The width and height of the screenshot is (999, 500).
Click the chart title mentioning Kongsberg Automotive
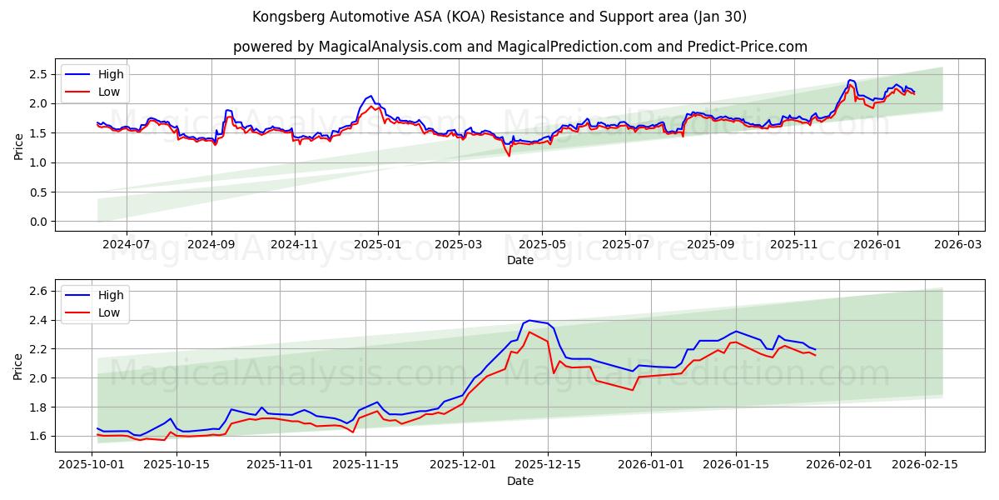click(499, 17)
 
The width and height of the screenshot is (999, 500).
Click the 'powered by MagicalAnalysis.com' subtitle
click(519, 47)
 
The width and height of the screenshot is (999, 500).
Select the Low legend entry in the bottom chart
click(109, 312)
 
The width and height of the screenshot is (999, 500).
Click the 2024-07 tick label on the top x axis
click(127, 246)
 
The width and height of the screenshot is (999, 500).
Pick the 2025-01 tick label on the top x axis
click(378, 246)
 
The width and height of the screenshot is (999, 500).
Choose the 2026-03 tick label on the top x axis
click(957, 246)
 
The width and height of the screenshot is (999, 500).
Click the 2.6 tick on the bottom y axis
click(35, 291)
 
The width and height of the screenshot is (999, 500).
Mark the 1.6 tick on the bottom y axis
click(35, 436)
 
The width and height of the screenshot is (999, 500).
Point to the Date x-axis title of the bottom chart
click(519, 481)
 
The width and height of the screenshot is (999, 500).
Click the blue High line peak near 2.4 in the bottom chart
click(529, 320)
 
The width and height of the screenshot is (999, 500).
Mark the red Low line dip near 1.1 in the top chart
click(509, 156)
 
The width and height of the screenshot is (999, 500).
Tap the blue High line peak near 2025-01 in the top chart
click(370, 96)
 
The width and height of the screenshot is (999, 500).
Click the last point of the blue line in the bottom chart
click(815, 349)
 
